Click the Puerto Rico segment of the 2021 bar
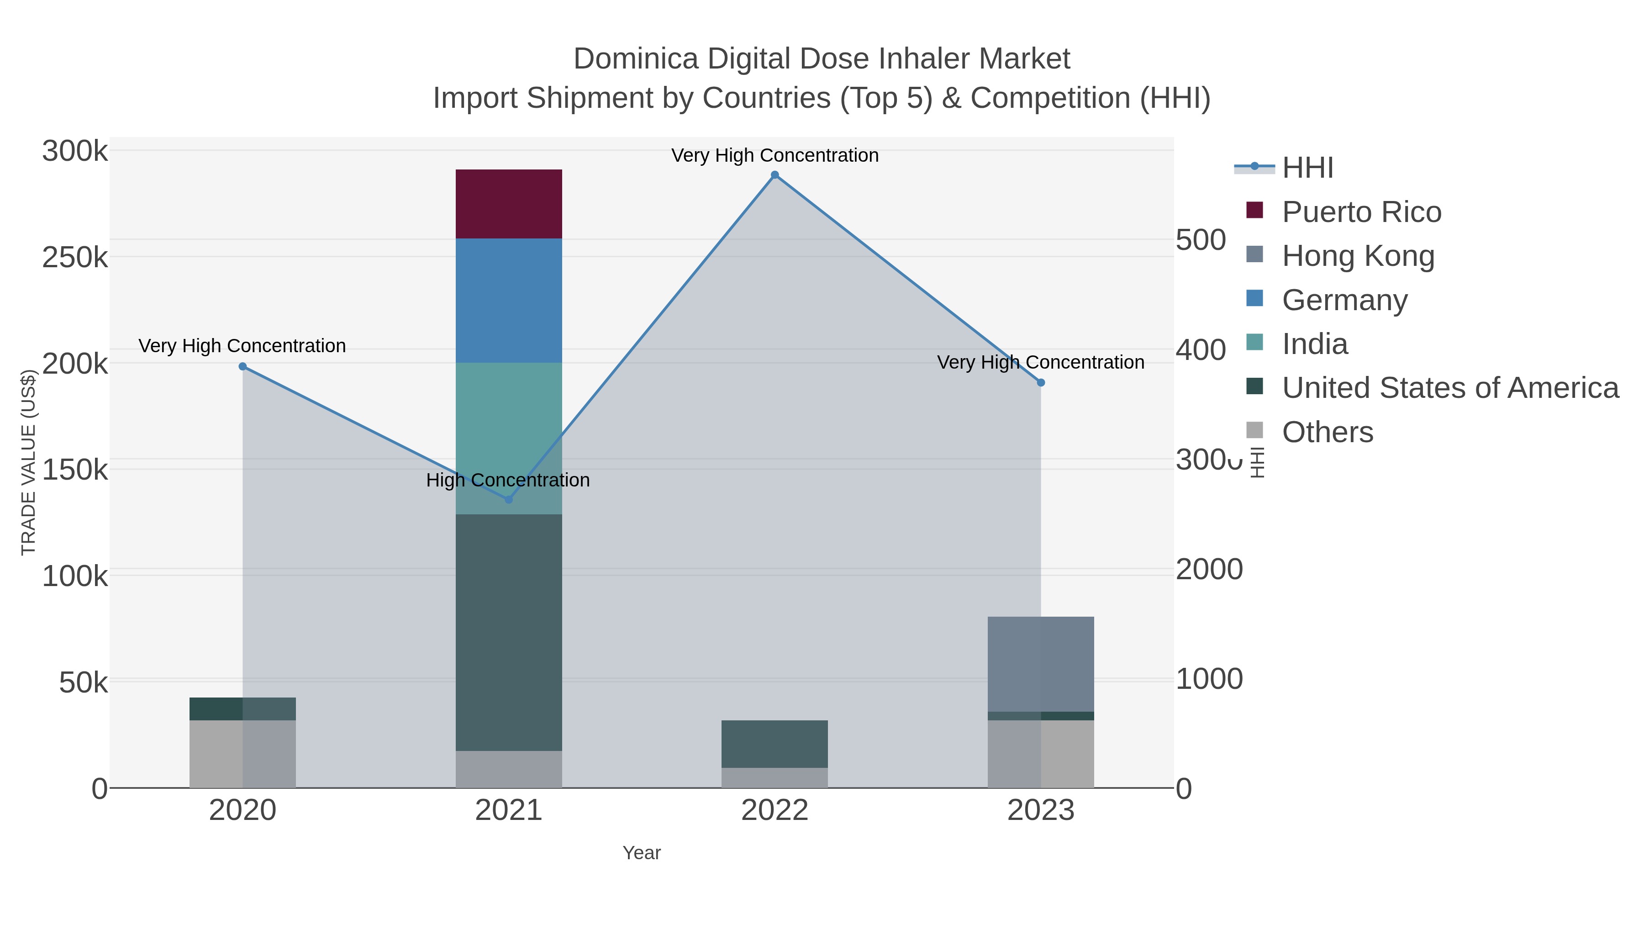point(509,204)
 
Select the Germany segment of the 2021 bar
point(509,300)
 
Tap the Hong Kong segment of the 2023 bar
point(1040,664)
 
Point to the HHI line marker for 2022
point(775,175)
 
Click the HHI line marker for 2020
point(242,366)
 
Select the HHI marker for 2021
point(509,499)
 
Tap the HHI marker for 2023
point(1041,382)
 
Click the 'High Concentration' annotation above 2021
point(508,480)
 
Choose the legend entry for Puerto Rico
point(1361,212)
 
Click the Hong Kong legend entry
point(1358,256)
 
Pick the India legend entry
point(1315,344)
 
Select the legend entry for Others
point(1328,432)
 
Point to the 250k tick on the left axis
point(75,258)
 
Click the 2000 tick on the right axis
point(1209,570)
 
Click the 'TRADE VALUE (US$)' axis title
point(29,462)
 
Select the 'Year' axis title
point(642,853)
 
